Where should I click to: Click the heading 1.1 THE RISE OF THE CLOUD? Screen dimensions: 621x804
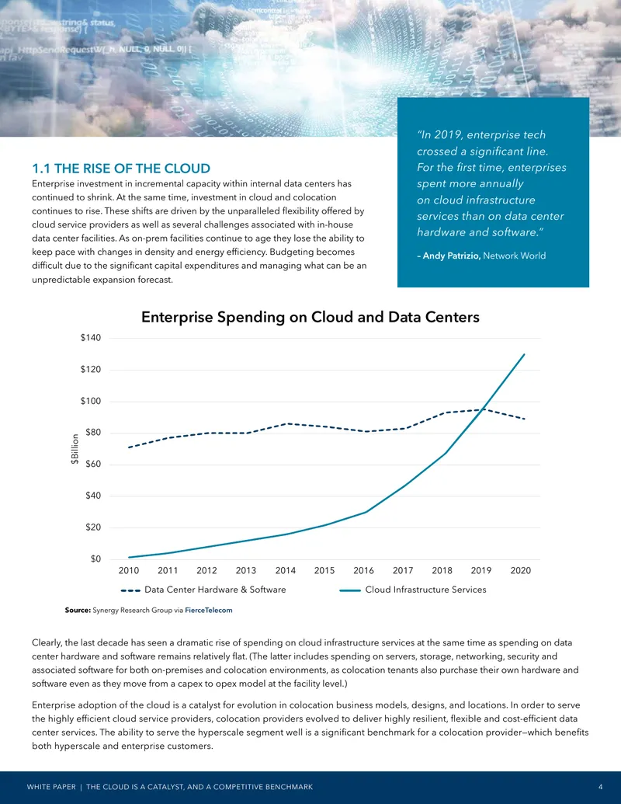121,169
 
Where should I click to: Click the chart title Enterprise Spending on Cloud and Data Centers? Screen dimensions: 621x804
310,317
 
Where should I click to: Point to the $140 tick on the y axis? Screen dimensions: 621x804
91,338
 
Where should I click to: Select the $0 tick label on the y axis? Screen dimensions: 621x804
95,559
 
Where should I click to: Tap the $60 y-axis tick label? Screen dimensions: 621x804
93,464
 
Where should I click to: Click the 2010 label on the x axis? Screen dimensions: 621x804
129,571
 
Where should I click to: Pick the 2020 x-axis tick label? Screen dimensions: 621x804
521,571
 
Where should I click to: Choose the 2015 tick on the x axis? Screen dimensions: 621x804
324,571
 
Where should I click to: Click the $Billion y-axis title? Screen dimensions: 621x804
75,449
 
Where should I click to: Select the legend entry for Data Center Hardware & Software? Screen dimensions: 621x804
203,590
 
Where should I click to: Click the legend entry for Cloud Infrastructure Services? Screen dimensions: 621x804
413,590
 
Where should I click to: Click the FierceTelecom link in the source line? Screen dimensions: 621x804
209,610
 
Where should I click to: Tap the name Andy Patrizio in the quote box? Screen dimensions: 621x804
452,256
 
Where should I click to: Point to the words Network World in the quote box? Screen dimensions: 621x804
515,256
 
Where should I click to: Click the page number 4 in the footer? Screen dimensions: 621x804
601,787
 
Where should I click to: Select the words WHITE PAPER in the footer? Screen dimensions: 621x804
50,787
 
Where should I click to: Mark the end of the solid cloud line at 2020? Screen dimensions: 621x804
524,353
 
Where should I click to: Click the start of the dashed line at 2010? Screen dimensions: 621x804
129,447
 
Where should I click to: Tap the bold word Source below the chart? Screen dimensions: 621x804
78,610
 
